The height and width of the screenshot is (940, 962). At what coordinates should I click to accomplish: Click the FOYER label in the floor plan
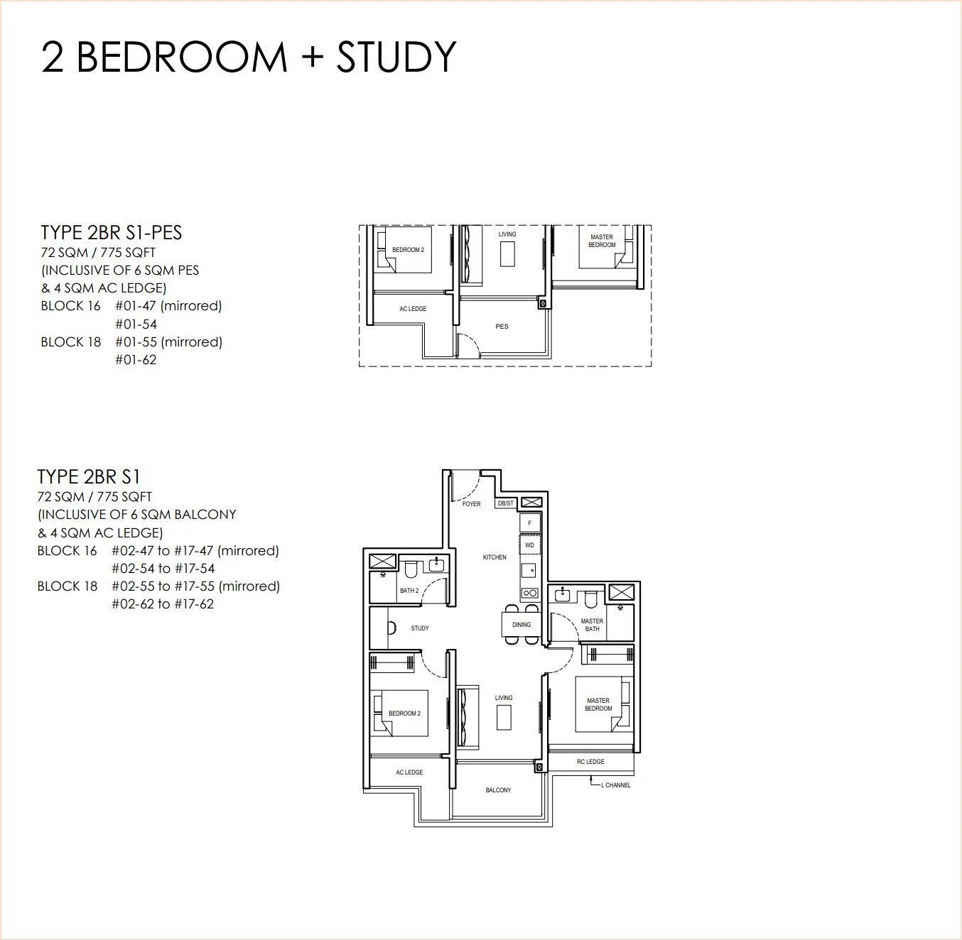pos(471,504)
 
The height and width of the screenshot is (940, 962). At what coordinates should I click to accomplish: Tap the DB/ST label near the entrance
pos(506,503)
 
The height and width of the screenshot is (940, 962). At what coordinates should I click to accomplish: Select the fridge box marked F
pos(530,523)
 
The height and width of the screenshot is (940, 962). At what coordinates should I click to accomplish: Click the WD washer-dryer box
pos(530,545)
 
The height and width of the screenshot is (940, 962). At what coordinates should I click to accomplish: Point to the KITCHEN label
pos(494,557)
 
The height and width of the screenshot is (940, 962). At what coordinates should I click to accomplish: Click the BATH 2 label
pos(409,591)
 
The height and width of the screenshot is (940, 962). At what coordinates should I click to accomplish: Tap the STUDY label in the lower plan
pos(420,628)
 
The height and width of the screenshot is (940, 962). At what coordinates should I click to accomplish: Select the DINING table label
pos(521,625)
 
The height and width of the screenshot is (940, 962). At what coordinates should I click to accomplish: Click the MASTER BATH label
pos(593,625)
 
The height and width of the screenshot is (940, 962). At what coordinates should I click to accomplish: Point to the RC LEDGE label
pos(590,762)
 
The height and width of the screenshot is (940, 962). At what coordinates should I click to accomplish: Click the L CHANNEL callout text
pos(616,785)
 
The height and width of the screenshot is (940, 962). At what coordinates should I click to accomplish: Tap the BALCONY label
pos(498,789)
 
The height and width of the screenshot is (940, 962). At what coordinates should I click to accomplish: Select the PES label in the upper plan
pos(502,327)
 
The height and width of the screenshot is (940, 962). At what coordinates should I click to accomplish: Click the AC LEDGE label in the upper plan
pos(413,309)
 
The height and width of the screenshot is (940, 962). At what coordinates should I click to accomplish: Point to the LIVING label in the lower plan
pos(504,697)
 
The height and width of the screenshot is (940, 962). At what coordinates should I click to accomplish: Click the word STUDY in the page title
pos(396,58)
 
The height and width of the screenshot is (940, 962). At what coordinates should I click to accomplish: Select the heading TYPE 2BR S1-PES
pos(112,233)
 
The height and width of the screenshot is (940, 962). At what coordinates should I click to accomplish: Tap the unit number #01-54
pos(136,324)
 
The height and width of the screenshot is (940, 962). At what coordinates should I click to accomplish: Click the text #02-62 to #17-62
pos(163,603)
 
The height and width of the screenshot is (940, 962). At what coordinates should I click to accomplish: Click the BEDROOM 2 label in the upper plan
pos(408,250)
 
